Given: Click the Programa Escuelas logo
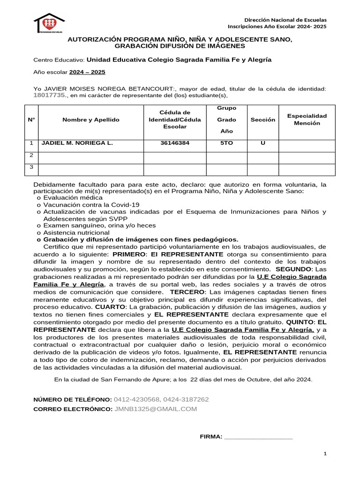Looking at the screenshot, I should click(49, 23).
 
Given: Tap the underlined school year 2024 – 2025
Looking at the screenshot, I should click(87, 72).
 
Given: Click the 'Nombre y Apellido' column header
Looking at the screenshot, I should click(90, 120).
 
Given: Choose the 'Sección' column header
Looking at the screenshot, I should click(262, 120).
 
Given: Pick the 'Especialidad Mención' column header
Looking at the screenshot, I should click(307, 120).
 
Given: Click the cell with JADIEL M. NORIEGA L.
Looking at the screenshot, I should click(77, 143).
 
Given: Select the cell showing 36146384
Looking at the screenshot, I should click(174, 143).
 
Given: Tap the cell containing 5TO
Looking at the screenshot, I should click(226, 143).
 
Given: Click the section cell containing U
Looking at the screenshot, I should click(262, 143).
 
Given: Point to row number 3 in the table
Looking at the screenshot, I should click(31, 167).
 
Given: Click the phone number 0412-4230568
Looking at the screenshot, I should click(136, 399).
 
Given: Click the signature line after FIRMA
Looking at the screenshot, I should click(258, 437).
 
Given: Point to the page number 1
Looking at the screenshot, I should click(325, 454).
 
